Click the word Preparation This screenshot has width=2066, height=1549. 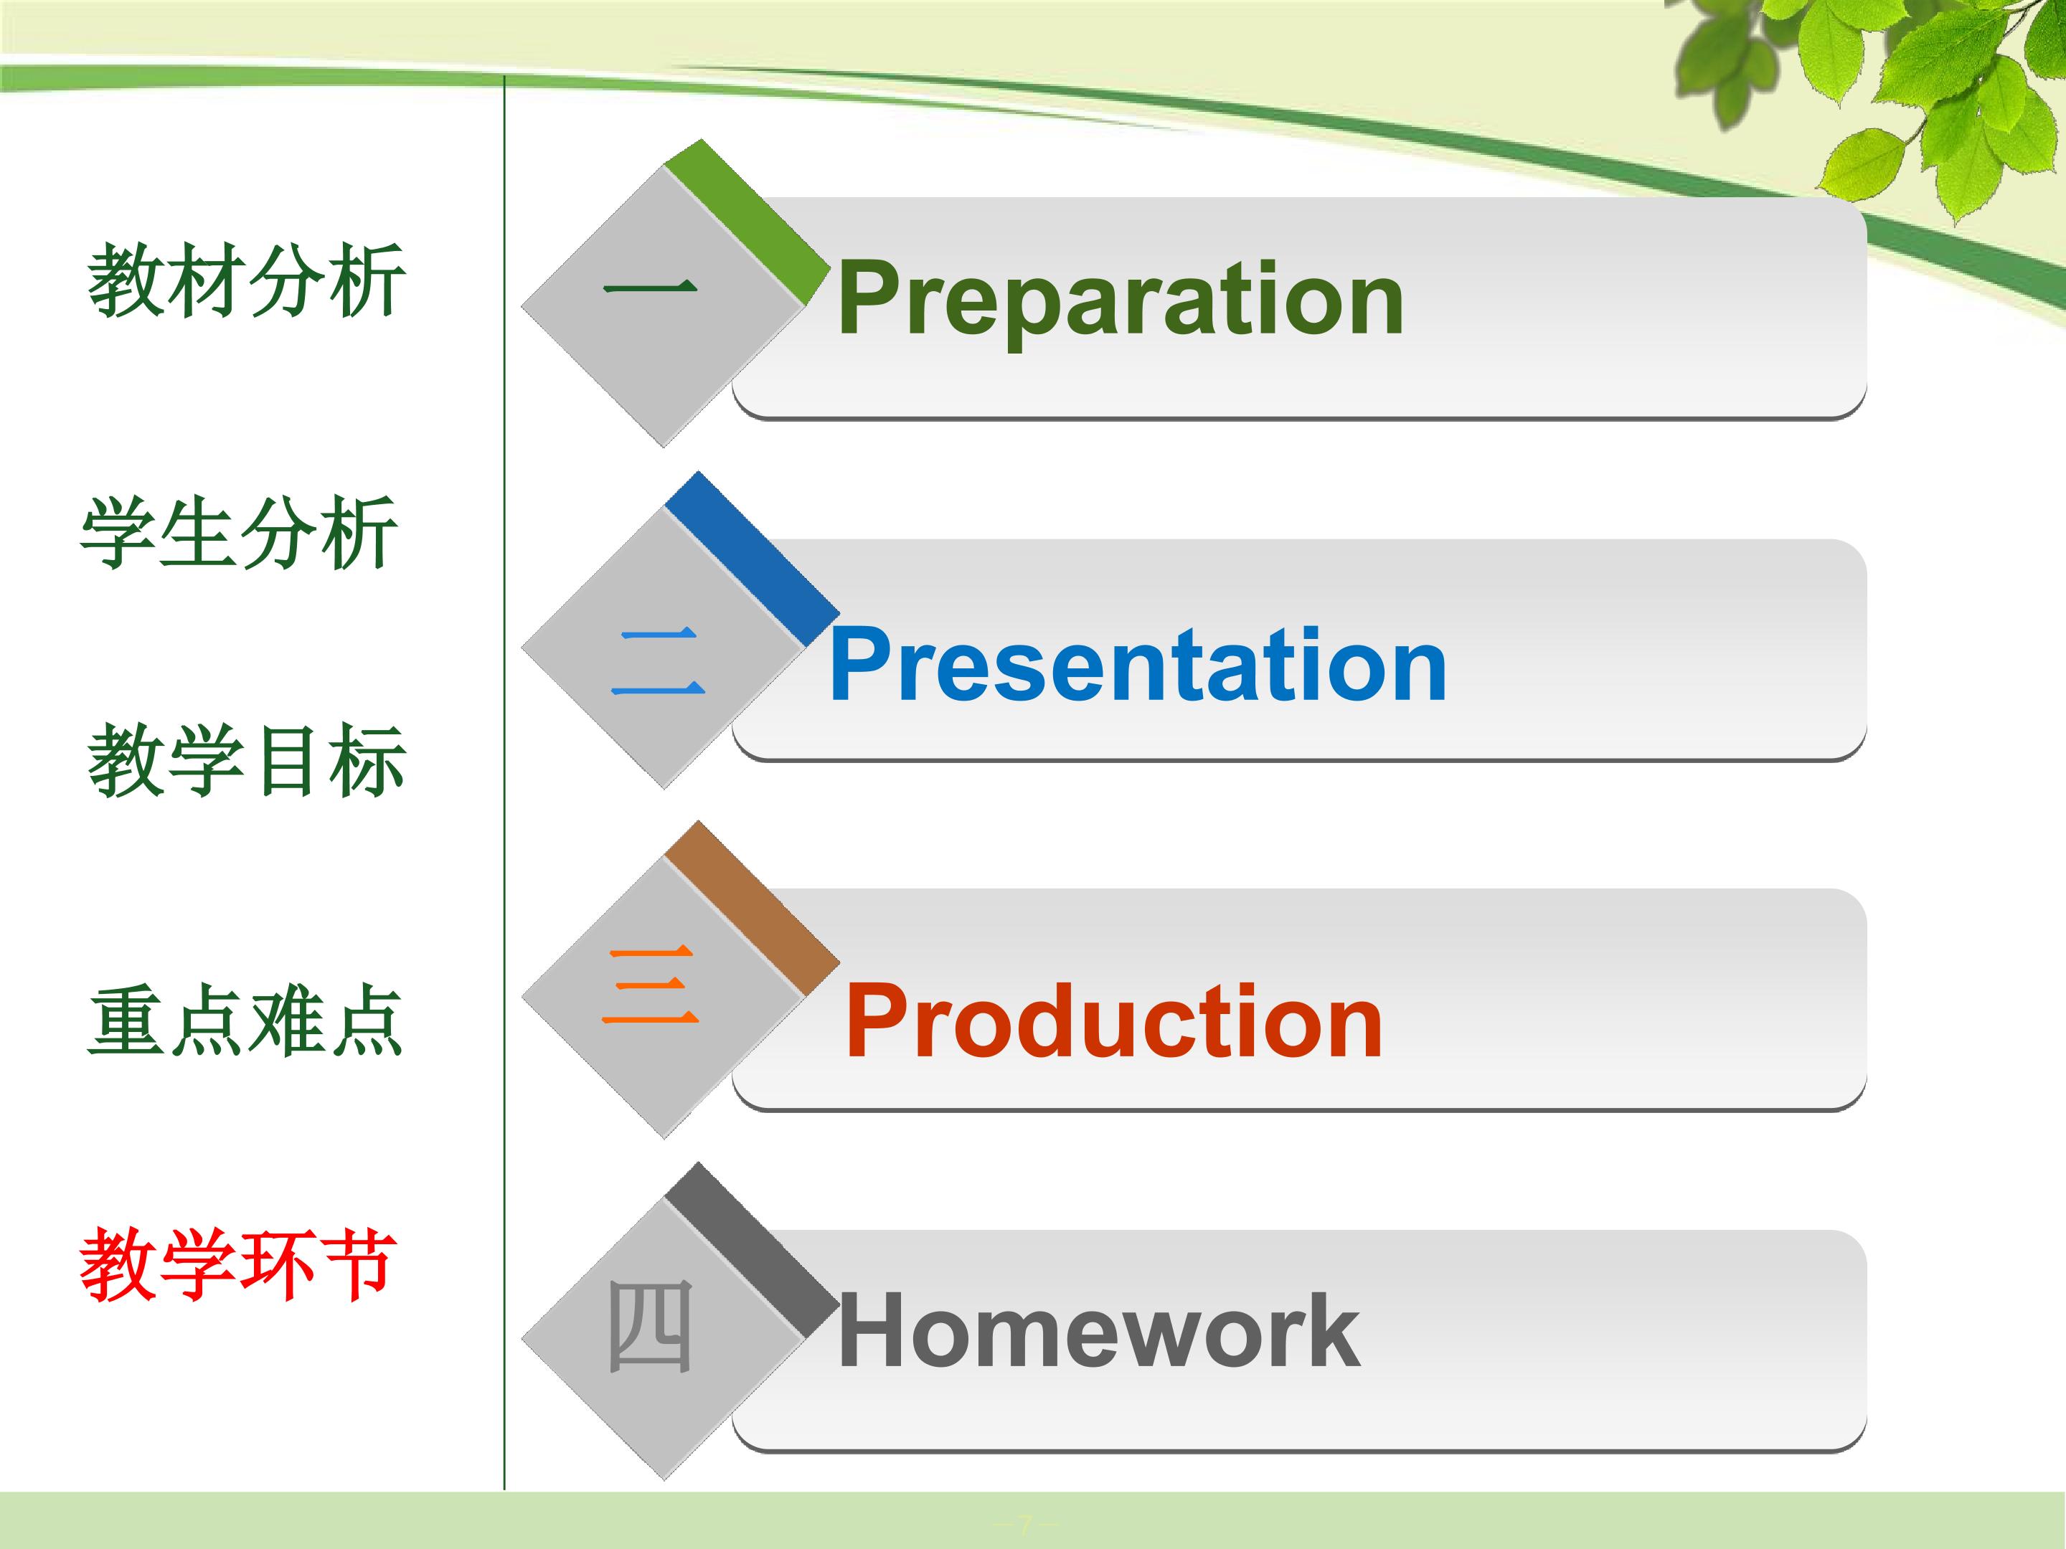[x=1120, y=299]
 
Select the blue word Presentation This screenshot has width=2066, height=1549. [x=1138, y=664]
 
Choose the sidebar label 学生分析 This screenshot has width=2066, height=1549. [x=239, y=531]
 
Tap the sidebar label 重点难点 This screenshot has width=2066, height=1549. [x=245, y=1020]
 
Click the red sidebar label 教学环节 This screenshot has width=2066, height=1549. [x=237, y=1264]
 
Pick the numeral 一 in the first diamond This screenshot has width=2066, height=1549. [x=650, y=287]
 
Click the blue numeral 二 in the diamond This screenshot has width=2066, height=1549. [x=658, y=661]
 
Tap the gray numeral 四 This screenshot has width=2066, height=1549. [x=650, y=1326]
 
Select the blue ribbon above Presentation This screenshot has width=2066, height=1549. [x=752, y=559]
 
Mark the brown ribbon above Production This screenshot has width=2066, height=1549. [x=752, y=908]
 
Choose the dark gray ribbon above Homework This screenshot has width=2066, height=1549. [x=752, y=1249]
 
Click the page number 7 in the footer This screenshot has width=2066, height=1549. [x=1024, y=1525]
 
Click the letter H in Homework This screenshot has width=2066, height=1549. [x=874, y=1330]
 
